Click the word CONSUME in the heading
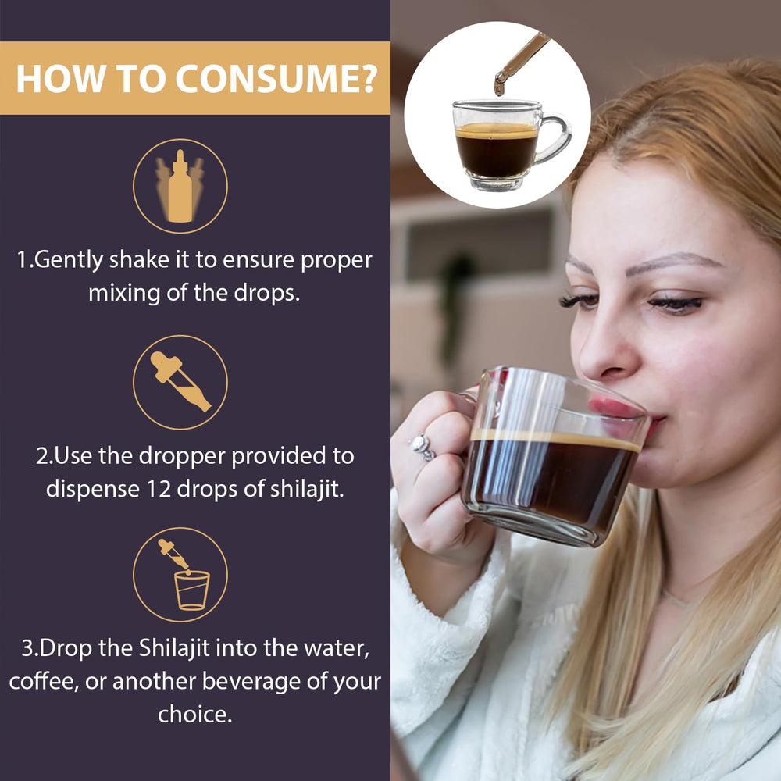click(276, 78)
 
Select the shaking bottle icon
click(180, 186)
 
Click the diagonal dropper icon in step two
click(180, 382)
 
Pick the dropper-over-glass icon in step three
click(180, 575)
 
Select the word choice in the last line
click(194, 714)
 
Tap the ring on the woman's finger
click(423, 447)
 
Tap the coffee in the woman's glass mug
click(547, 476)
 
